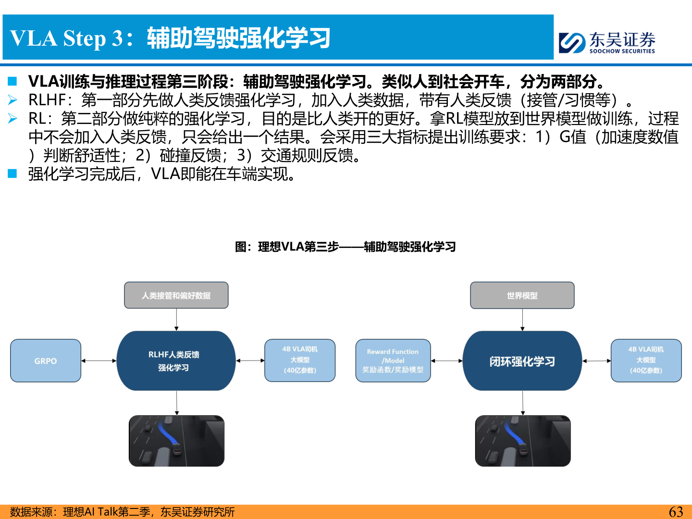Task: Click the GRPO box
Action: click(x=46, y=361)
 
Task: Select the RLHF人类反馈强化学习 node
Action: click(x=176, y=361)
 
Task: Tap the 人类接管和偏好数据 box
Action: click(x=176, y=295)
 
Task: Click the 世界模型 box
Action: click(x=522, y=295)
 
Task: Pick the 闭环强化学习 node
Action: click(x=522, y=361)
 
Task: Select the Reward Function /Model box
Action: click(x=393, y=361)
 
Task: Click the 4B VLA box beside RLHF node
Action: click(x=300, y=360)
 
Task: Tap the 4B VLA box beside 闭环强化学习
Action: click(x=646, y=360)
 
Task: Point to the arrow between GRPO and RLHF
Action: click(x=99, y=360)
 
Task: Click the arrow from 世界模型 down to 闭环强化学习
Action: click(x=522, y=320)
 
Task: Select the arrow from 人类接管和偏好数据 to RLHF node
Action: click(x=176, y=320)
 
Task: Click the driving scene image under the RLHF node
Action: click(x=176, y=441)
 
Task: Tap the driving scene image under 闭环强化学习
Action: click(x=523, y=441)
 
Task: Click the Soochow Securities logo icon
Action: click(x=572, y=43)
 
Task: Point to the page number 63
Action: click(x=676, y=512)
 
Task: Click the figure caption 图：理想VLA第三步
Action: click(x=345, y=247)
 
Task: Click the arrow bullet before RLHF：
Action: click(x=13, y=100)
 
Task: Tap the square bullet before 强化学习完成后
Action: click(x=12, y=173)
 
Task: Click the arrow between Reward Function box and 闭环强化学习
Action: click(x=446, y=360)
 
